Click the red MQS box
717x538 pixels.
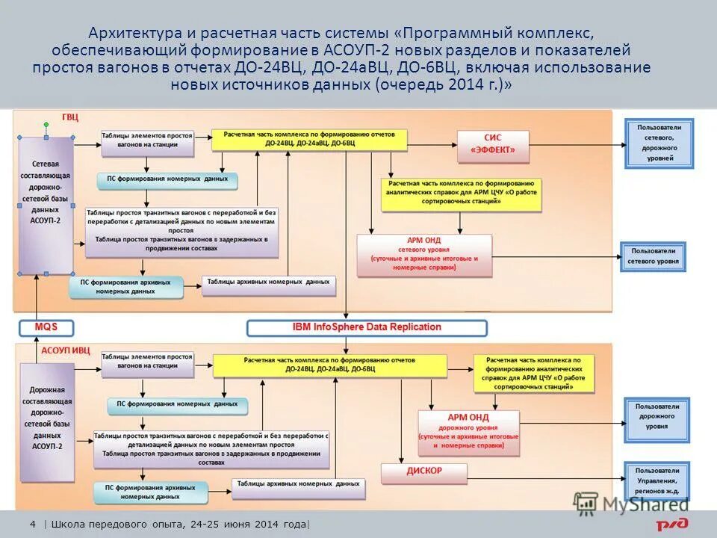point(46,327)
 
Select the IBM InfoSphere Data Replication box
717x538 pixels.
point(367,327)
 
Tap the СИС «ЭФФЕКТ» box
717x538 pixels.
point(493,146)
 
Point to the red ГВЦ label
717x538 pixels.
point(69,117)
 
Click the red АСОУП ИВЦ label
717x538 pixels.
point(65,350)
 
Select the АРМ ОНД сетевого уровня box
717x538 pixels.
point(424,255)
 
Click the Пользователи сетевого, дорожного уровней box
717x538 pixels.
point(659,143)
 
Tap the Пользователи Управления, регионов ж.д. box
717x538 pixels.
point(657,480)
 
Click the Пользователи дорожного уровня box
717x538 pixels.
point(657,420)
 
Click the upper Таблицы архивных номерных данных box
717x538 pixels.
point(268,285)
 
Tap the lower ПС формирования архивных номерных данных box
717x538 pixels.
point(147,491)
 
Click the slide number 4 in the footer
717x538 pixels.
point(33,525)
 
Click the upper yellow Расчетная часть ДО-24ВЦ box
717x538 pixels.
point(309,139)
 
